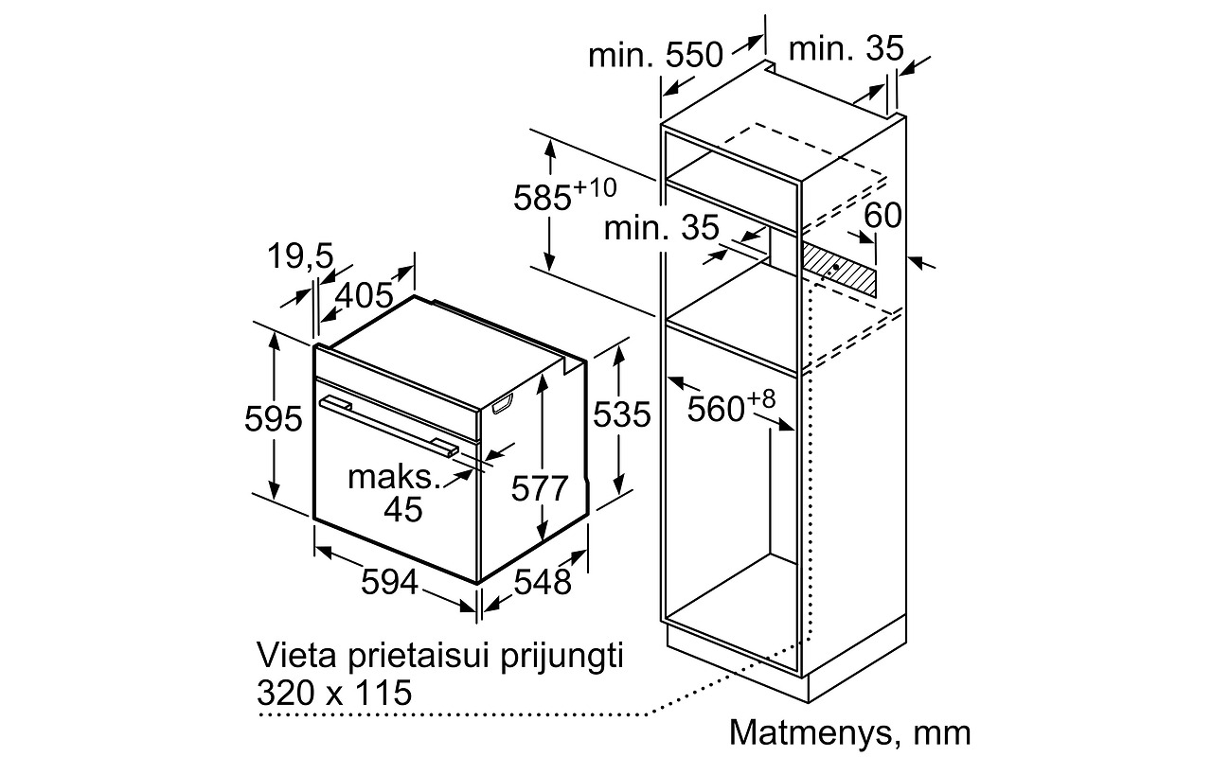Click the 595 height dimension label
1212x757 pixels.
[x=274, y=418]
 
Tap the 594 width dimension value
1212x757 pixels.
[x=389, y=582]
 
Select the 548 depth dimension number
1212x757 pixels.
[x=543, y=582]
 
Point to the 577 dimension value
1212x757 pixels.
[x=540, y=488]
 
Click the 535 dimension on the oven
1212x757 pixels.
[x=622, y=414]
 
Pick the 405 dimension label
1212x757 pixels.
[x=365, y=295]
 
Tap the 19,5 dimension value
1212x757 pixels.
[x=300, y=255]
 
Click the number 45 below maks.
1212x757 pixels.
[x=403, y=509]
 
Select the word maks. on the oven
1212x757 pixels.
[x=395, y=478]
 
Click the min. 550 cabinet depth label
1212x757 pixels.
[x=656, y=55]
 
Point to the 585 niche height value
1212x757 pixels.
[x=543, y=198]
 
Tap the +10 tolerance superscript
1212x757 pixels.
[x=595, y=187]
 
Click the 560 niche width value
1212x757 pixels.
[x=716, y=409]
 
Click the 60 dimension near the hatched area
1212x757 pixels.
[x=882, y=215]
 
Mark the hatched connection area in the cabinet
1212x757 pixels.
[x=838, y=269]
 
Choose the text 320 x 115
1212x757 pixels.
[x=334, y=693]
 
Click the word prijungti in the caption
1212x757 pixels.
[x=561, y=656]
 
